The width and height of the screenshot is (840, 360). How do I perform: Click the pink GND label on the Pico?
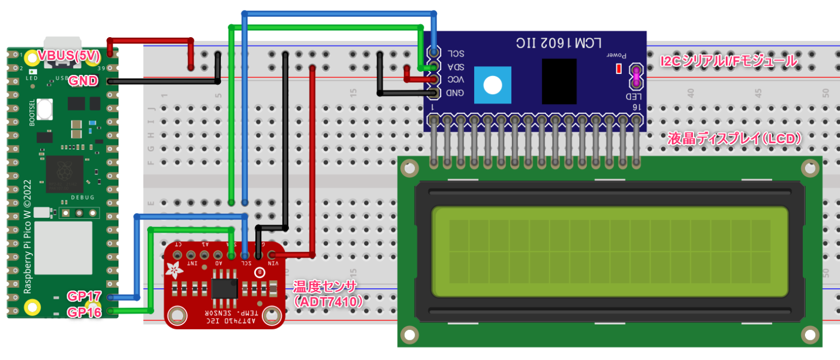coord(83,81)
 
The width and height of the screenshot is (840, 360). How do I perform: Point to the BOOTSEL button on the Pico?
coord(45,109)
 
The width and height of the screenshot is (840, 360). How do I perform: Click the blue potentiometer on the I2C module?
coord(493,85)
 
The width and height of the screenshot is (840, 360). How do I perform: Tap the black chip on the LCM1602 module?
coord(559,81)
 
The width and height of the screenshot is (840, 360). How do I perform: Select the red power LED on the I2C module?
coord(619,69)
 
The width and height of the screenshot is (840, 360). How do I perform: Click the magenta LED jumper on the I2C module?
coord(636,77)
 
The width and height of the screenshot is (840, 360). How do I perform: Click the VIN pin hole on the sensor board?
coord(271,255)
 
